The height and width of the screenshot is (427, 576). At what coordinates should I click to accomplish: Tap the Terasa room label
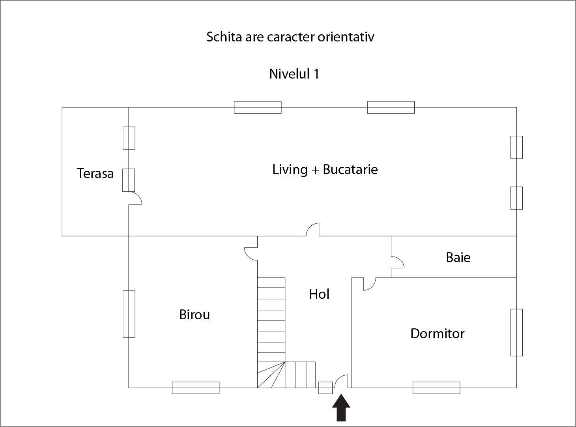click(95, 173)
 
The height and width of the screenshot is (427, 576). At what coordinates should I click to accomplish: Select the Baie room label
click(458, 257)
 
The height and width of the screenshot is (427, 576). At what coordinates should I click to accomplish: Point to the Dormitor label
click(437, 333)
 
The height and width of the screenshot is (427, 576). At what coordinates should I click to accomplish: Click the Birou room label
click(194, 315)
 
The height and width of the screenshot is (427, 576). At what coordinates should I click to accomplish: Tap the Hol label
click(319, 294)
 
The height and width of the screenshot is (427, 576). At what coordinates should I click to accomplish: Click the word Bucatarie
click(350, 169)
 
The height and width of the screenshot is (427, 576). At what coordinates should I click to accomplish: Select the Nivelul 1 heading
click(294, 74)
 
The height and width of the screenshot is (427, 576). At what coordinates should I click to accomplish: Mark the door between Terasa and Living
click(135, 198)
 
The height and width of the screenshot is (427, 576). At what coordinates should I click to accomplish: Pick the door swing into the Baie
click(397, 262)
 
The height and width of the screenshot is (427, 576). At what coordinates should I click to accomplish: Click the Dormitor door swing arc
click(369, 284)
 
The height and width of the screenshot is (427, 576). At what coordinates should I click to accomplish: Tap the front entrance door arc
click(341, 381)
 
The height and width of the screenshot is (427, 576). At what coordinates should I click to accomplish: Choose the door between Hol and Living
click(313, 230)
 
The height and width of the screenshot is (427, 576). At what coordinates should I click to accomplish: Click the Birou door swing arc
click(251, 254)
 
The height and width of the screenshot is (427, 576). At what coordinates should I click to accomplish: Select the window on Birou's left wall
click(129, 314)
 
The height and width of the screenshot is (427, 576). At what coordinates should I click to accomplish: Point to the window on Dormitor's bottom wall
click(436, 388)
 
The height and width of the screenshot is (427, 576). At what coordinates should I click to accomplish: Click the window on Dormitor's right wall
click(516, 332)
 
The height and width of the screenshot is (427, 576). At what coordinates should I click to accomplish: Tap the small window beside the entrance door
click(325, 388)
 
